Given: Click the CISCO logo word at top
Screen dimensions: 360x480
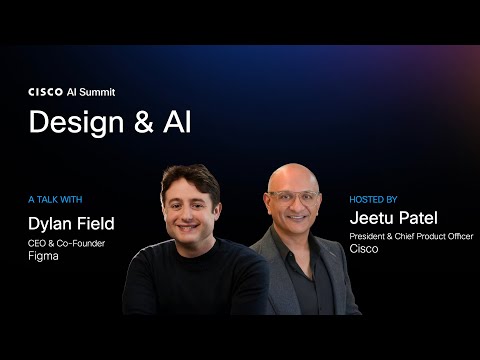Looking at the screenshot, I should [x=45, y=91].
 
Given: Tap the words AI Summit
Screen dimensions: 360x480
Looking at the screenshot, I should [x=91, y=91].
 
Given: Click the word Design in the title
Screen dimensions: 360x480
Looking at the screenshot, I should [x=67, y=122].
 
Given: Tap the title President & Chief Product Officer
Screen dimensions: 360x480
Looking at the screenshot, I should [x=410, y=236].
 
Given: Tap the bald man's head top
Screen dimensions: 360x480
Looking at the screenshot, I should [x=292, y=170].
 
